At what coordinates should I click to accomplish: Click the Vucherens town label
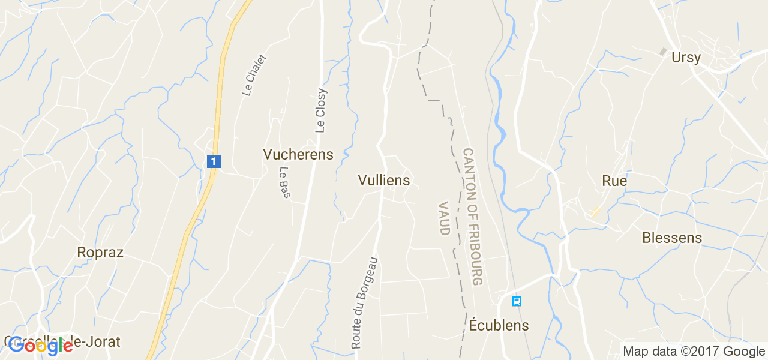(298, 154)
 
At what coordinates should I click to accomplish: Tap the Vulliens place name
(383, 180)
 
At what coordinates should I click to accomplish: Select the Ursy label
(686, 58)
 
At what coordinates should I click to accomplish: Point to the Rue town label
(614, 181)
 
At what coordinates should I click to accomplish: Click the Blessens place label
(671, 238)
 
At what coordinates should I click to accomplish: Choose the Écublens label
(499, 325)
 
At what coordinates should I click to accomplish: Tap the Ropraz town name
(100, 253)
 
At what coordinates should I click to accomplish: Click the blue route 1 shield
(214, 161)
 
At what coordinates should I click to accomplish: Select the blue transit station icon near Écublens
(516, 301)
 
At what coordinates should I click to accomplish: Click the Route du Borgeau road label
(365, 303)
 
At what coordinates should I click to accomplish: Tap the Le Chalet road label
(254, 74)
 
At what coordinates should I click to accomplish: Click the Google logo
(39, 344)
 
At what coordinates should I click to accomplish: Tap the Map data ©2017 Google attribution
(694, 352)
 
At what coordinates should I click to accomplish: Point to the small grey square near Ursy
(663, 52)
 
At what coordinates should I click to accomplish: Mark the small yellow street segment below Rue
(595, 212)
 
